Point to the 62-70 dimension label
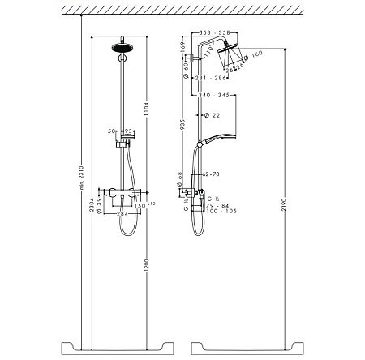coord(209,173)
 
